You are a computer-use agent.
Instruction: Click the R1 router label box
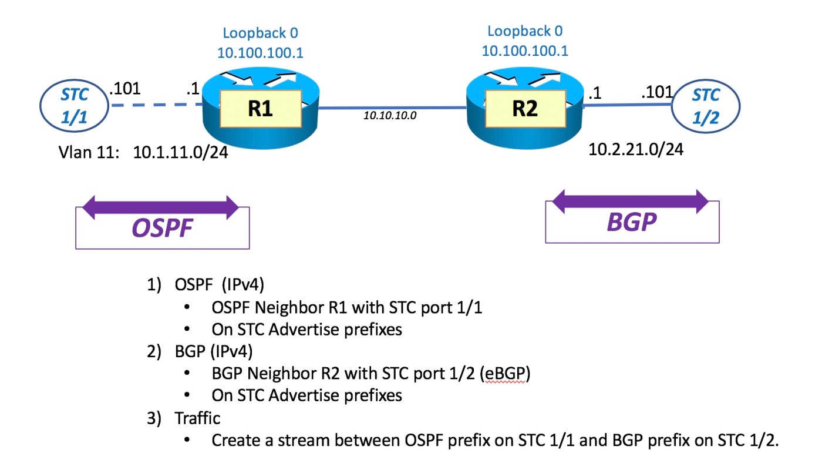(x=260, y=110)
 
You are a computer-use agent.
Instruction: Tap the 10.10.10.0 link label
(x=390, y=116)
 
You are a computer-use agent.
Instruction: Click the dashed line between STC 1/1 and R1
(x=156, y=106)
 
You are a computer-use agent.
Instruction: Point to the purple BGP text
(x=631, y=223)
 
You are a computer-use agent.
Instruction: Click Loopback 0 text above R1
(x=260, y=33)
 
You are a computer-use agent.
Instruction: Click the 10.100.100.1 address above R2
(x=524, y=51)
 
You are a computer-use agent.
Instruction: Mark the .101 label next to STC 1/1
(x=124, y=89)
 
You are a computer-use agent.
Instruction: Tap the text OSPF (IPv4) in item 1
(x=220, y=286)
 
